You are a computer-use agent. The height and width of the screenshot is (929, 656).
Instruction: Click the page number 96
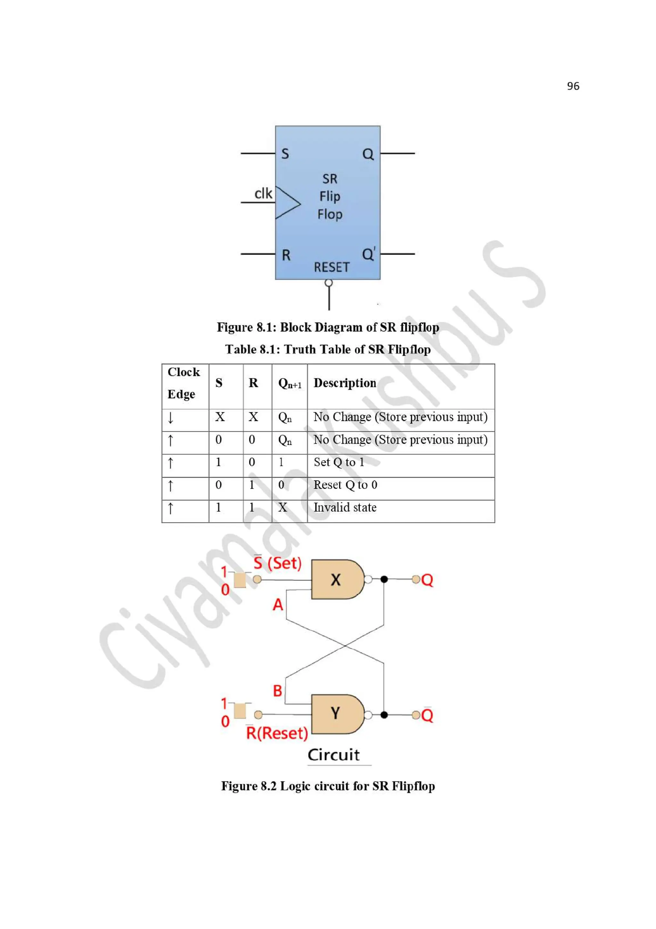573,86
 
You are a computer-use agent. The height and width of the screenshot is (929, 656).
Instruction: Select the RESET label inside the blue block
332,267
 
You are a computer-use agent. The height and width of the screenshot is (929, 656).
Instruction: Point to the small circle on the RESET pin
329,283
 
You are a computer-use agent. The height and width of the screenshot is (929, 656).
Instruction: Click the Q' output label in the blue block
369,254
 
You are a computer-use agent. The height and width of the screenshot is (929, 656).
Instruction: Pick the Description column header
345,383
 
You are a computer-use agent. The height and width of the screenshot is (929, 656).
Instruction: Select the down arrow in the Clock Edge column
171,417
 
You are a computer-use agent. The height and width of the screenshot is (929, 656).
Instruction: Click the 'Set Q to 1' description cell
339,462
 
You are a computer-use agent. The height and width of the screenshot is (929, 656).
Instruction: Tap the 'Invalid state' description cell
345,507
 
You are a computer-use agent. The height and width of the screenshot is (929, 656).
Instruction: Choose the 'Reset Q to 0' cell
345,485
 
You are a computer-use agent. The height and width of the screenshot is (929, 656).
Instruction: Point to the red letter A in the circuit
278,605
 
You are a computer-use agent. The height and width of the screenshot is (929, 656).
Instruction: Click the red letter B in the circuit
277,691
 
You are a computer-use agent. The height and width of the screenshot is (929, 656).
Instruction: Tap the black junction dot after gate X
384,579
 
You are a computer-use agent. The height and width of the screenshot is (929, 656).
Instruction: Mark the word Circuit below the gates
333,755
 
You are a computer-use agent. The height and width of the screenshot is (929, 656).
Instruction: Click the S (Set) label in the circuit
278,563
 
